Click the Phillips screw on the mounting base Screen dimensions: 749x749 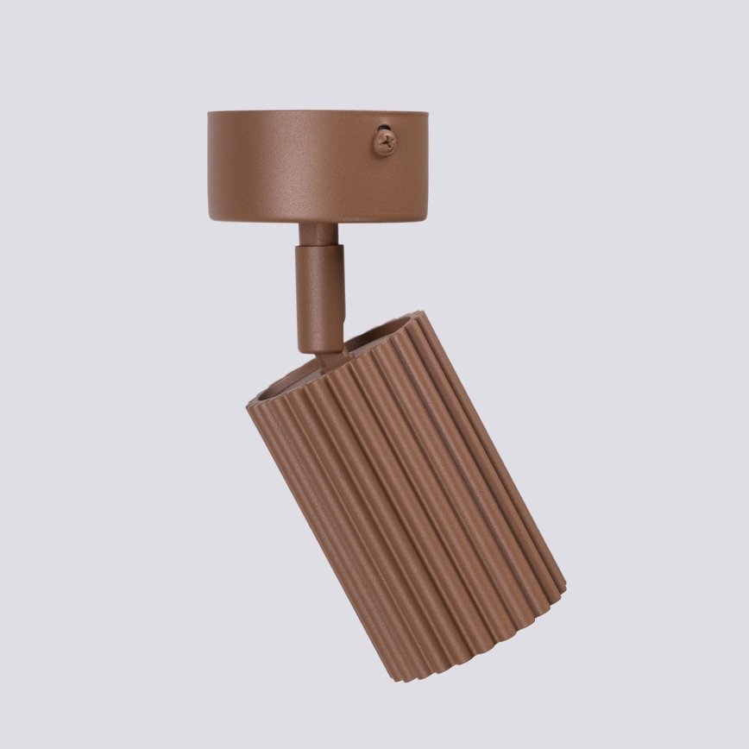[385, 141]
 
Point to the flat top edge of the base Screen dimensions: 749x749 [318, 112]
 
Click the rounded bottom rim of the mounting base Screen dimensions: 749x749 [318, 219]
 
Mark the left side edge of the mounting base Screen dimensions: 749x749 [210, 166]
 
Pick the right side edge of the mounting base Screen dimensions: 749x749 [426, 166]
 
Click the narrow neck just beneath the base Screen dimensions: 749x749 [318, 234]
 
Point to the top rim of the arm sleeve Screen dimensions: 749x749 [320, 249]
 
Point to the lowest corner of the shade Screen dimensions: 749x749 [399, 678]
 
